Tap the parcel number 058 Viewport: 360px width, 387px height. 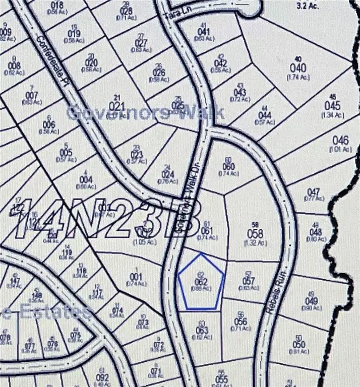tap(256, 233)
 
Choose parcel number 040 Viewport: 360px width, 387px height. tap(298, 68)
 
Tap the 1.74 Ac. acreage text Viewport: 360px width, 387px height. tap(297, 77)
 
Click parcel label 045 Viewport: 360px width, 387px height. tap(332, 106)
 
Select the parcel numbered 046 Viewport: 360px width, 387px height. tap(341, 141)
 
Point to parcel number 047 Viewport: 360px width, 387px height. tap(314, 192)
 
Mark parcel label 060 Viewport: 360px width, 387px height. tap(228, 167)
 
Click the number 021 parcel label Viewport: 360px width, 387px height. tap(116, 106)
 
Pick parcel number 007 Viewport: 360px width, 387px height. tap(32, 95)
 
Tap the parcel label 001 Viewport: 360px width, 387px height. tap(135, 276)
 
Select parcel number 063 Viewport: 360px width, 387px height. tap(202, 331)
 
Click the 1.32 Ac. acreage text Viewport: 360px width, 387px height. tap(255, 243)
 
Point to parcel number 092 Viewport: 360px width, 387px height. tap(102, 376)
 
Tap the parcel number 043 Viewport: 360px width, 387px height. tap(240, 92)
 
